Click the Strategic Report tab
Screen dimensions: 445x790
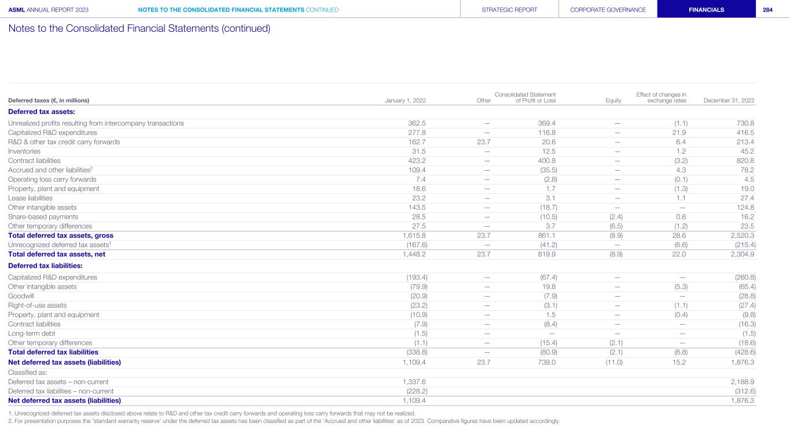pyautogui.click(x=509, y=10)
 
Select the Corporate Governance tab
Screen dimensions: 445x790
pyautogui.click(x=608, y=10)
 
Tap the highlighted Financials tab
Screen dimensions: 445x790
pyautogui.click(x=706, y=10)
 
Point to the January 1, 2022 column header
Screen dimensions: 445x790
pyautogui.click(x=405, y=101)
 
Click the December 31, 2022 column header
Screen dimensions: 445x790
pyautogui.click(x=729, y=101)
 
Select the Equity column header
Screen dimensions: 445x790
pyautogui.click(x=613, y=101)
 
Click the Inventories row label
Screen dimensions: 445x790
pyautogui.click(x=24, y=151)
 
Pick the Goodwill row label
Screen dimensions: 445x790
pyautogui.click(x=21, y=296)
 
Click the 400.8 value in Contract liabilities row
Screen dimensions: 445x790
pyautogui.click(x=547, y=160)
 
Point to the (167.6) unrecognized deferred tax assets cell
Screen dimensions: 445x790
pyautogui.click(x=416, y=245)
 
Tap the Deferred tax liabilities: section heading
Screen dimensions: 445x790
pyautogui.click(x=45, y=266)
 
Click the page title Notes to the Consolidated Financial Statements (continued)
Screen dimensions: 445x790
pyautogui.click(x=139, y=28)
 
